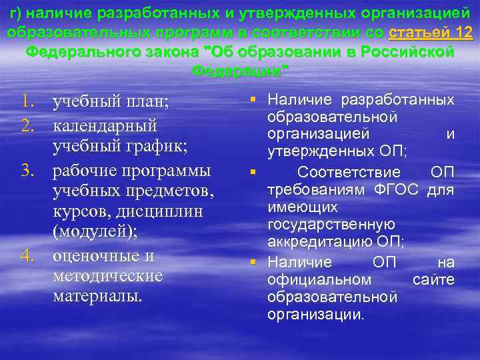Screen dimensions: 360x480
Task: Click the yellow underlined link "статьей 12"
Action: pyautogui.click(x=430, y=33)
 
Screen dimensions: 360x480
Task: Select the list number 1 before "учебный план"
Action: pyautogui.click(x=27, y=102)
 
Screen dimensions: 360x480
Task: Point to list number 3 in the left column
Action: pyautogui.click(x=27, y=171)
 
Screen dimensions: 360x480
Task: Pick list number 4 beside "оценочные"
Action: pyautogui.click(x=27, y=256)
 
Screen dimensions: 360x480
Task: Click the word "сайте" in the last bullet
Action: pyautogui.click(x=433, y=279)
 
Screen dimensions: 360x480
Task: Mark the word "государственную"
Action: pyautogui.click(x=331, y=224)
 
